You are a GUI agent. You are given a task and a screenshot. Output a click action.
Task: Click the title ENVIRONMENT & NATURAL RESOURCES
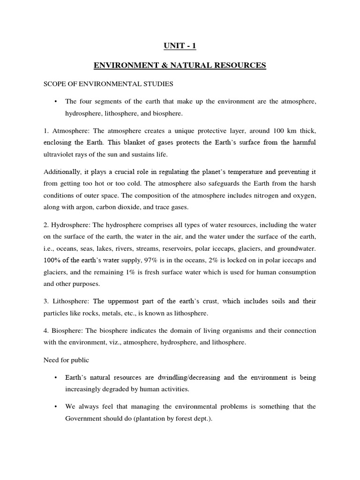(180, 66)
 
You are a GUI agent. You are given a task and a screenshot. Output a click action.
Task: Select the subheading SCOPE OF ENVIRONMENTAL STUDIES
(109, 84)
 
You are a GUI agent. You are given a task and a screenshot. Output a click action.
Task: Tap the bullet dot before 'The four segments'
(55, 102)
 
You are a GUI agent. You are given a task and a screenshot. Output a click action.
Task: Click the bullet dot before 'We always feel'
(55, 406)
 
